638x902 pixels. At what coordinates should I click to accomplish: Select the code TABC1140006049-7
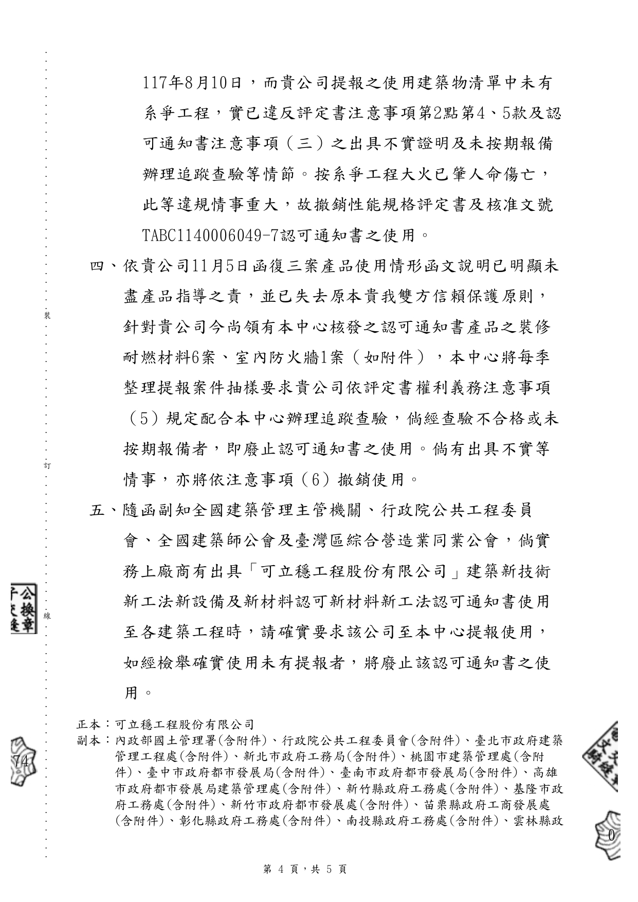coord(210,236)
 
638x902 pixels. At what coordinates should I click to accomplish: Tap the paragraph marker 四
coord(97,266)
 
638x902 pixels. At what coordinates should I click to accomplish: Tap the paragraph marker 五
coord(97,511)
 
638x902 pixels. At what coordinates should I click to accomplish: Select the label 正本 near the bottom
coord(88,725)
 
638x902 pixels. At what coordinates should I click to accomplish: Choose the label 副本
coord(88,741)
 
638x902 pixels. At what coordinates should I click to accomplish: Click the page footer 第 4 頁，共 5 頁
coord(305,870)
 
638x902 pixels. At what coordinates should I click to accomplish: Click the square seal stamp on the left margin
coord(23,608)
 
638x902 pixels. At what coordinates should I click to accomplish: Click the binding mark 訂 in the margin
coord(47,465)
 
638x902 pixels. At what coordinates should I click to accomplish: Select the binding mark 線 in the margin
coord(47,616)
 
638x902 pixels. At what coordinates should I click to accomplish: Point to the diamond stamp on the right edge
coord(603,755)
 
